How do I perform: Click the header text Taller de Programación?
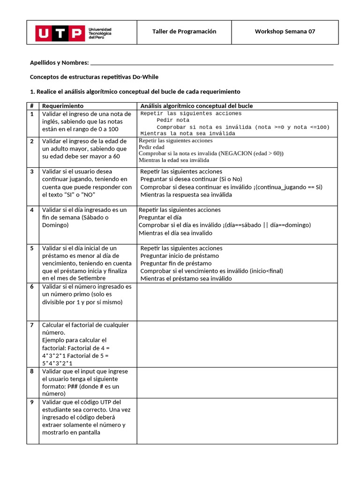click(x=184, y=31)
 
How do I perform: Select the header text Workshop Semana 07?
click(x=285, y=31)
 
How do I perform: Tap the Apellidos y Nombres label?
click(x=59, y=62)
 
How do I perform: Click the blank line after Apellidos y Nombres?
click(x=211, y=63)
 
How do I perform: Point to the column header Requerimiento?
click(x=63, y=106)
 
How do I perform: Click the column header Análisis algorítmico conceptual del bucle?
click(x=196, y=106)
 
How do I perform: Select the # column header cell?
click(x=32, y=106)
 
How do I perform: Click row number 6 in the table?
click(x=32, y=286)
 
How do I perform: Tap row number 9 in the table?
click(x=32, y=402)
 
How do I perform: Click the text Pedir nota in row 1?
click(x=173, y=120)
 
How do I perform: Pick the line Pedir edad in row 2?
click(x=151, y=147)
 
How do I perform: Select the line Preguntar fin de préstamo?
click(x=176, y=263)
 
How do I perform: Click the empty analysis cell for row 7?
click(x=237, y=344)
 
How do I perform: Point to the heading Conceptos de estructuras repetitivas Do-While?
click(x=97, y=76)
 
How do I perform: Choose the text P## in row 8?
click(x=74, y=386)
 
